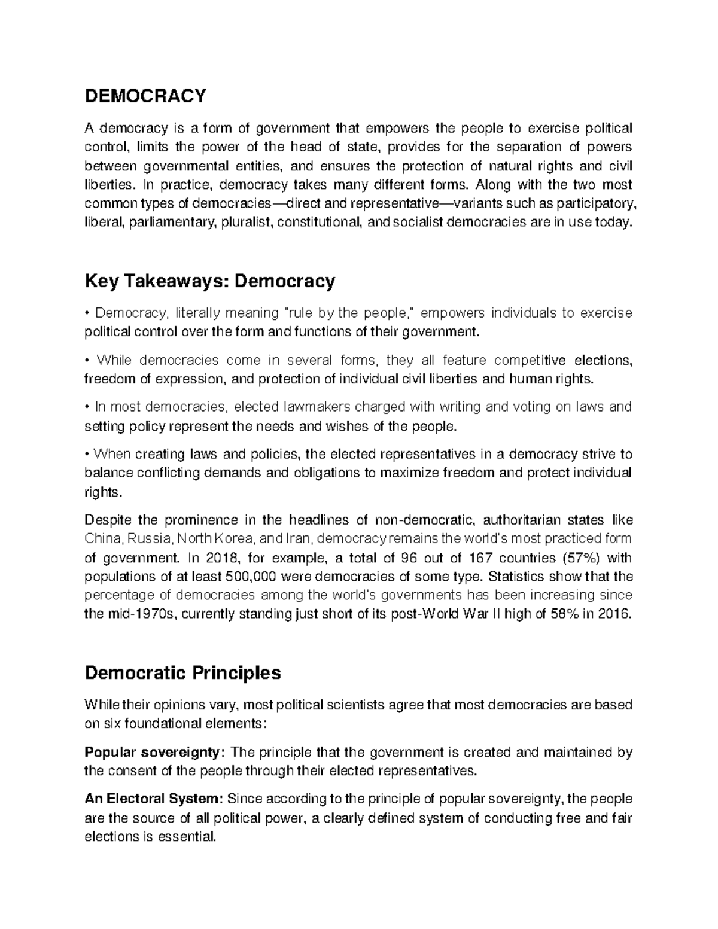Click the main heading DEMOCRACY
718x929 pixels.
[x=145, y=95]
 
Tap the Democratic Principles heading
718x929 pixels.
[x=182, y=673]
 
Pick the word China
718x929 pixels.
[x=103, y=539]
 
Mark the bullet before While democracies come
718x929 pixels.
[x=87, y=361]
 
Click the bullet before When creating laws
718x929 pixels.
[x=87, y=454]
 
